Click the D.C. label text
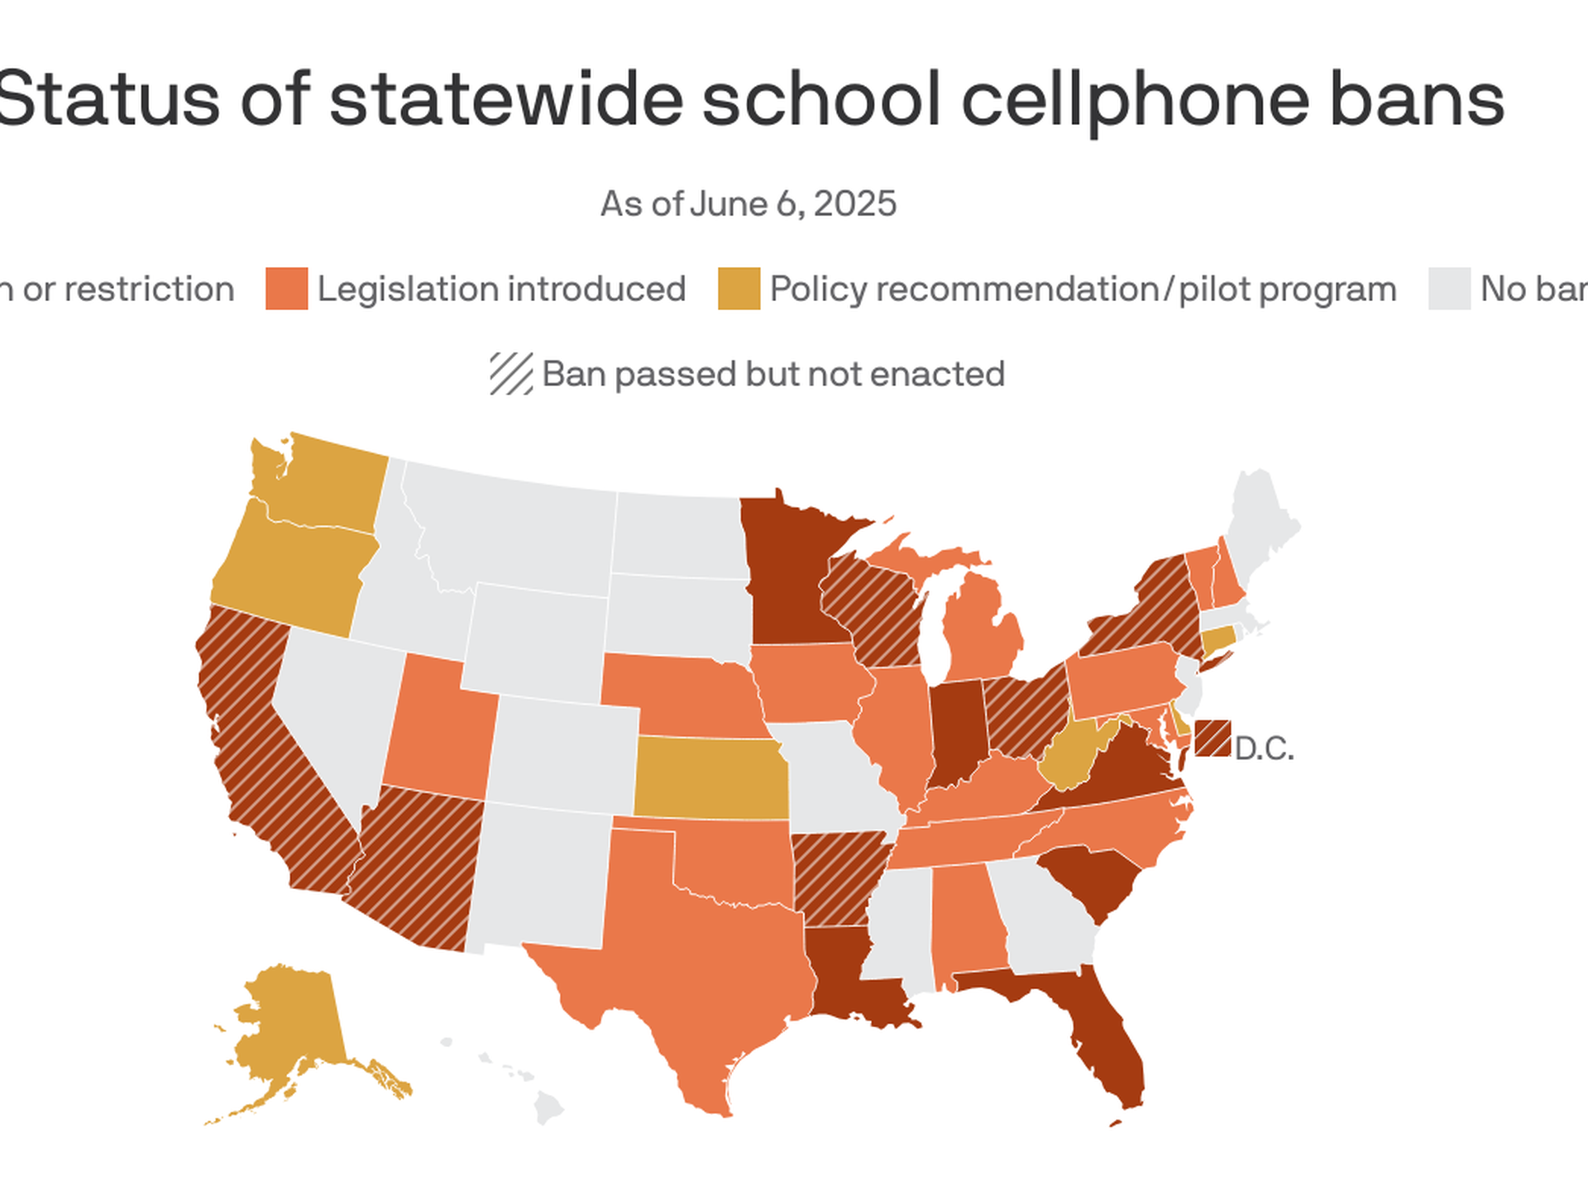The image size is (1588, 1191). click(1264, 749)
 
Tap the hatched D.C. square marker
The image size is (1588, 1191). click(1213, 738)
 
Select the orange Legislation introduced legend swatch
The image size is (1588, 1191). click(286, 289)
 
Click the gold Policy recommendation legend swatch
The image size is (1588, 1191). click(739, 289)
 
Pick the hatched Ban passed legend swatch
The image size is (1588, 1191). click(510, 374)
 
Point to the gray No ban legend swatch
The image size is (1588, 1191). click(1449, 289)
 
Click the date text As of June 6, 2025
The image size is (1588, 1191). click(748, 203)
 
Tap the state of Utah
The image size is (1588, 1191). click(438, 728)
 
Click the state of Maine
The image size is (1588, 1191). click(1257, 521)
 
